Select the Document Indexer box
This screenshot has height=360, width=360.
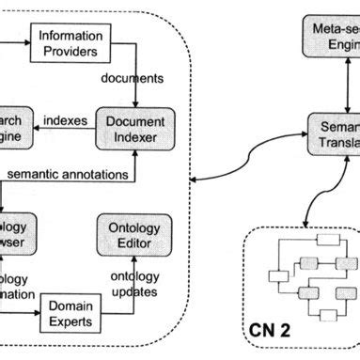pyautogui.click(x=135, y=131)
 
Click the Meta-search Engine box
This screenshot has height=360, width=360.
pyautogui.click(x=333, y=39)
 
